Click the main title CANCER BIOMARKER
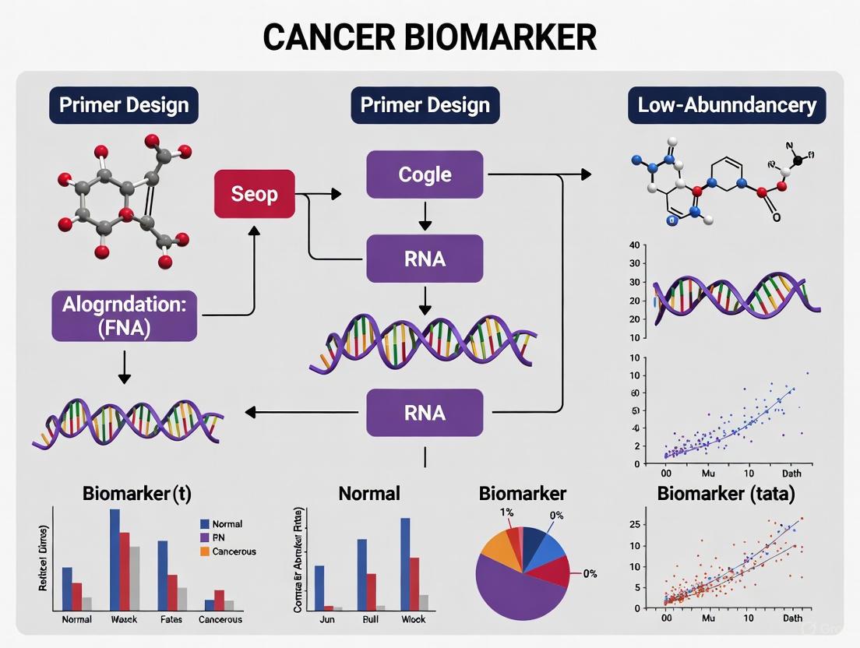point(429,37)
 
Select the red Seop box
point(254,193)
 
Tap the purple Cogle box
point(425,174)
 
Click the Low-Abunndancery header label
point(726,105)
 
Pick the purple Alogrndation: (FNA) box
point(125,315)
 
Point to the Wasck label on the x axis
point(123,619)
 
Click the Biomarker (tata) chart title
point(725,493)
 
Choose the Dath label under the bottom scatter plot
point(792,618)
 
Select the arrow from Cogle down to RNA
point(425,216)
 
